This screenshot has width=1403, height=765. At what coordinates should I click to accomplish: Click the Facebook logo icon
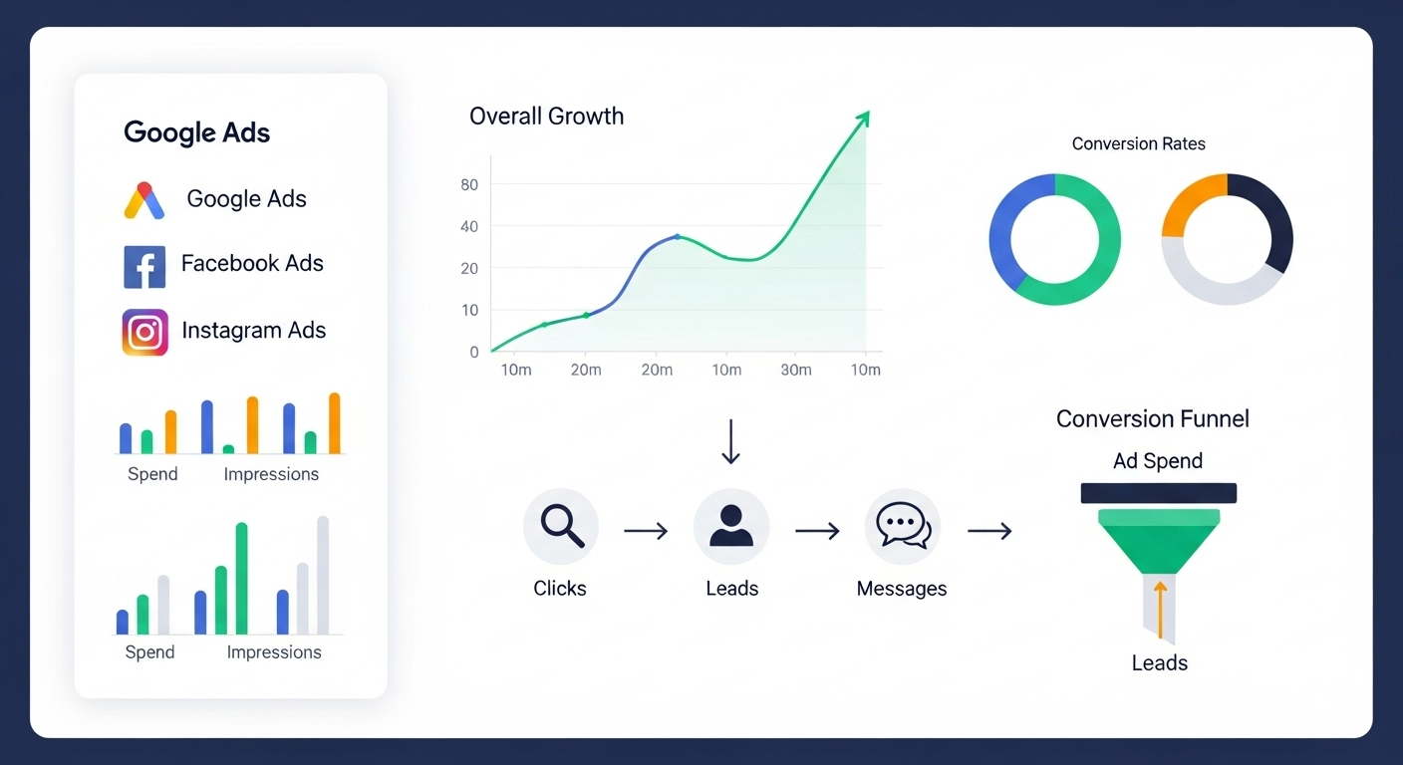click(x=144, y=267)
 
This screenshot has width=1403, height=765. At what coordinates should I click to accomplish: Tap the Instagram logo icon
click(x=145, y=333)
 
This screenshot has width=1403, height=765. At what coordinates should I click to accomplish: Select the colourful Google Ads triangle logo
click(x=144, y=200)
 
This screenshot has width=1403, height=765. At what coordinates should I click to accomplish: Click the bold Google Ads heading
click(x=196, y=132)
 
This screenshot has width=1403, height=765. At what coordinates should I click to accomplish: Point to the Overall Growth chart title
click(x=546, y=116)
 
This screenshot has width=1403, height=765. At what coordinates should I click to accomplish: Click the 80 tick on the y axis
click(x=469, y=184)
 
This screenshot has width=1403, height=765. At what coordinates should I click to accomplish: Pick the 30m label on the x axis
click(x=796, y=370)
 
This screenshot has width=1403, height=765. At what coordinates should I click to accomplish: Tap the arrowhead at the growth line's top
click(x=864, y=118)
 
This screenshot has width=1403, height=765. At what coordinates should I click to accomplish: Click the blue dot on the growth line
click(x=678, y=237)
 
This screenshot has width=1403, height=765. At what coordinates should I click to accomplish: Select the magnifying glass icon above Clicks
click(x=562, y=527)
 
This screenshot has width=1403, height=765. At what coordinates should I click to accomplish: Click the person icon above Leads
click(x=731, y=526)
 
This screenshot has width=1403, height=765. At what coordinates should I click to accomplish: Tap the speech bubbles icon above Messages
click(x=903, y=526)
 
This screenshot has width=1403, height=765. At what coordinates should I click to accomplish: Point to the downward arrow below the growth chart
click(x=731, y=442)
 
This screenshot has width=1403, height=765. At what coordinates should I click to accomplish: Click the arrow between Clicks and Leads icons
click(x=646, y=531)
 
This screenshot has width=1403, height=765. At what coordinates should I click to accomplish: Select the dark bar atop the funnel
click(x=1159, y=493)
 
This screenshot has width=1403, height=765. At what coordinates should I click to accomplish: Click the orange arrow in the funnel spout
click(x=1160, y=610)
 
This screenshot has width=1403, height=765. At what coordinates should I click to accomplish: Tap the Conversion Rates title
click(x=1139, y=144)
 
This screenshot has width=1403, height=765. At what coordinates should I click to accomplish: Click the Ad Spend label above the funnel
click(x=1158, y=461)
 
